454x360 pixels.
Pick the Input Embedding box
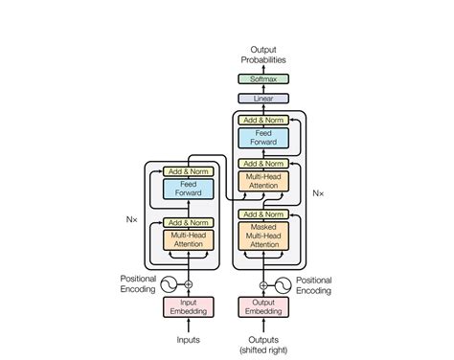[x=188, y=306]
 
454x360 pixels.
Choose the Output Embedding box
[x=262, y=306]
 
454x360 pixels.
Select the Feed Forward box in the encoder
[x=188, y=189]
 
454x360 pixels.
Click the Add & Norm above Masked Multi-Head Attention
[x=262, y=214]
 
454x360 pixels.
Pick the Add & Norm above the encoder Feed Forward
[x=188, y=171]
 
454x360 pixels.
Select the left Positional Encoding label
[x=138, y=284]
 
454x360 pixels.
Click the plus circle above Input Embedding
[x=188, y=284]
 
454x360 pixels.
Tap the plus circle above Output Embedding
[x=262, y=284]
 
